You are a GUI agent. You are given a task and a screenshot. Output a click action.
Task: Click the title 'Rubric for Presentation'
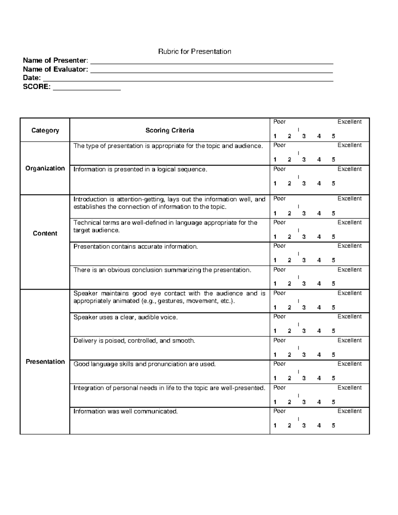click(x=194, y=51)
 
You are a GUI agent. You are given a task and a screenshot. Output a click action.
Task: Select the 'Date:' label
click(x=32, y=78)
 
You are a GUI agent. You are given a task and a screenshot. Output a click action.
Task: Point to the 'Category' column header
click(x=45, y=130)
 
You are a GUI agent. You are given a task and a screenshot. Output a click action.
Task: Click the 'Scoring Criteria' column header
click(x=169, y=130)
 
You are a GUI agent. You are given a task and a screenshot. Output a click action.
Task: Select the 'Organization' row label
click(x=45, y=168)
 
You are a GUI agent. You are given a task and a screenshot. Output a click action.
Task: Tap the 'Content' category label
click(x=45, y=233)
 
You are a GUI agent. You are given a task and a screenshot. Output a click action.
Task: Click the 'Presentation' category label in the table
click(x=45, y=361)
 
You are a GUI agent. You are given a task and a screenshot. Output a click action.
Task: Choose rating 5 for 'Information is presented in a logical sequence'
click(x=333, y=183)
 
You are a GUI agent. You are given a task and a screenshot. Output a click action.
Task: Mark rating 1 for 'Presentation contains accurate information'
click(x=275, y=260)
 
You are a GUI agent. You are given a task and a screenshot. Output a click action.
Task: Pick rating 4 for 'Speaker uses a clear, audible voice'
click(x=319, y=331)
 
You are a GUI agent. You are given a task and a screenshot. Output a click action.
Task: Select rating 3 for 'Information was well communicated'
click(x=304, y=425)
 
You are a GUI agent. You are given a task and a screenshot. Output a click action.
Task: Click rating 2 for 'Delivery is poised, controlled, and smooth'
click(x=289, y=355)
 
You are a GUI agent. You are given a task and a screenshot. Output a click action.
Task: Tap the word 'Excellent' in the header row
click(x=349, y=122)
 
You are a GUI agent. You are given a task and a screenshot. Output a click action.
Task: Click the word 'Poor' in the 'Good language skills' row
click(x=279, y=364)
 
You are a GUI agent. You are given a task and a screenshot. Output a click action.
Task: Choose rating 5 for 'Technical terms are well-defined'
click(x=333, y=237)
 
